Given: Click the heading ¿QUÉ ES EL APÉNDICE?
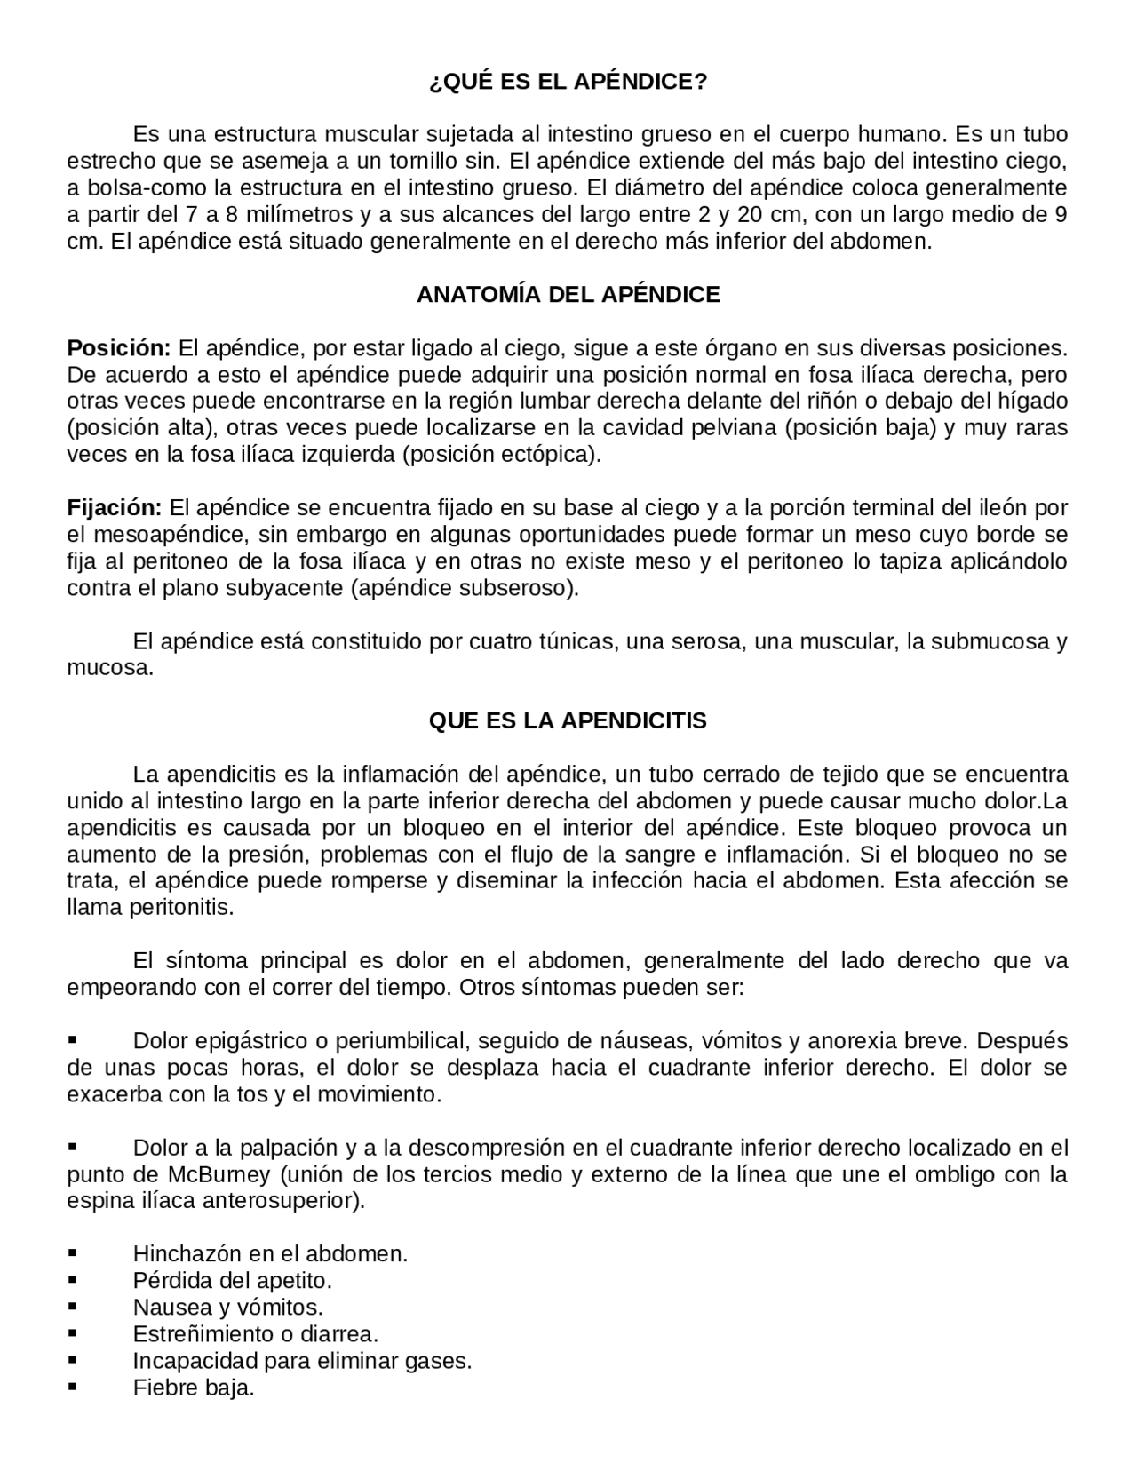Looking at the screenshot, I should coord(568,82).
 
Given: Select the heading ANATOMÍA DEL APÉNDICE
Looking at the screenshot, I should coord(568,295).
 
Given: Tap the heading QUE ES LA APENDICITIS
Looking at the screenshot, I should coord(568,720).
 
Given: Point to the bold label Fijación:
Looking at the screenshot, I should coord(115,508).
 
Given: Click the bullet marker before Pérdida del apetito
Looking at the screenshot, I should coord(73,1281).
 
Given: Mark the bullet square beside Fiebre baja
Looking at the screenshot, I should coord(73,1388).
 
